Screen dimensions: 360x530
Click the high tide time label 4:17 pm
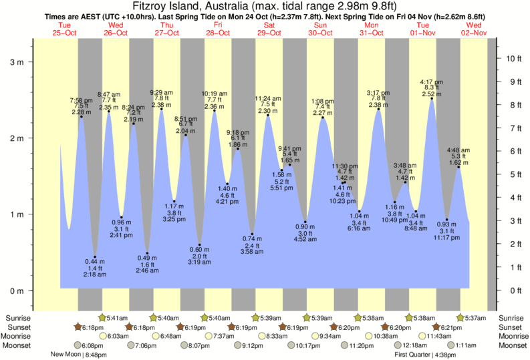point(431,82)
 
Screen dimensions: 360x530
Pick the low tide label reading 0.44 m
point(94,260)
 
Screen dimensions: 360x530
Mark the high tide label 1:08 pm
point(323,101)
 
